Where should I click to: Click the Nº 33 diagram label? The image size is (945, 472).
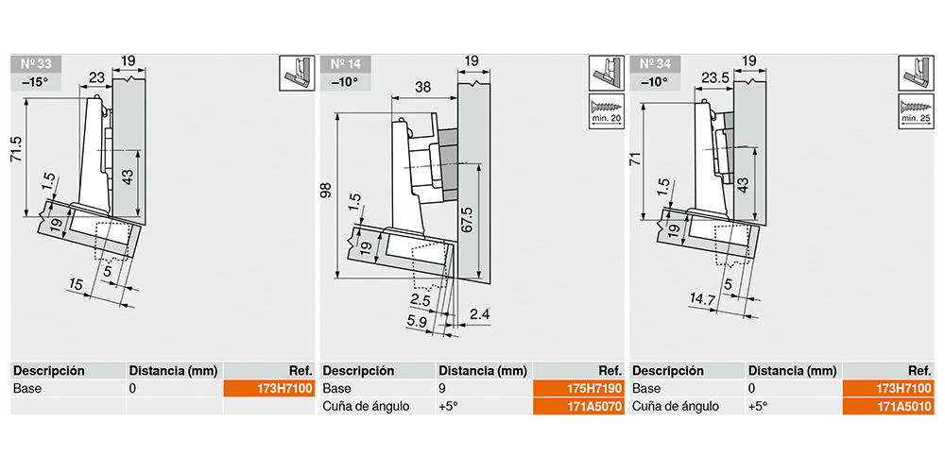(36, 64)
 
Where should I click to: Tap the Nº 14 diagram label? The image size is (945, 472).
(345, 64)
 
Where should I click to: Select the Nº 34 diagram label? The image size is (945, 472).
(655, 64)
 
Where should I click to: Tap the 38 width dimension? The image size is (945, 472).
(423, 87)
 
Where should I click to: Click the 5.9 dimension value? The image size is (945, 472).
(417, 322)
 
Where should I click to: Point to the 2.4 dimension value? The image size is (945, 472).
(478, 313)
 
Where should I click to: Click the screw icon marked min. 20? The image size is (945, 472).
(606, 110)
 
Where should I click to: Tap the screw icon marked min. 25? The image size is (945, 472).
(916, 110)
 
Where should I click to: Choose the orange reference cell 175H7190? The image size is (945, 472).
(578, 388)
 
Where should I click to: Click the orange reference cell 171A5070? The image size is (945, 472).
(578, 406)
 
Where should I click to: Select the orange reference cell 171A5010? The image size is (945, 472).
(887, 406)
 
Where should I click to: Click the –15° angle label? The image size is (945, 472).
(36, 81)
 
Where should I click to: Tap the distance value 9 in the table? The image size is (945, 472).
(441, 388)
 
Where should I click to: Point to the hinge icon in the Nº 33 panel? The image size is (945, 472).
(297, 74)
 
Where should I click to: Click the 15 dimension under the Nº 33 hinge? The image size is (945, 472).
(76, 285)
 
